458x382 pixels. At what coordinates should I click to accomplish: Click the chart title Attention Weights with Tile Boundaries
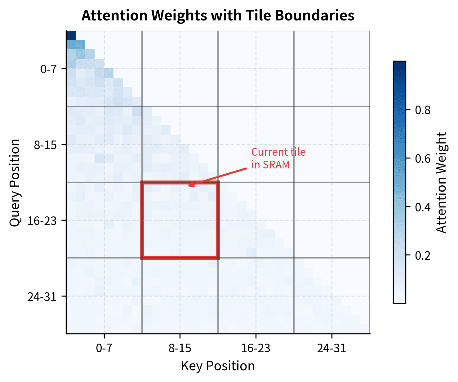click(x=218, y=15)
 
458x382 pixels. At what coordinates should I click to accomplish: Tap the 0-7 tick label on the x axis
click(x=104, y=349)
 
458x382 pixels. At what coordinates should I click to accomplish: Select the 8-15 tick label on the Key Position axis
click(x=180, y=349)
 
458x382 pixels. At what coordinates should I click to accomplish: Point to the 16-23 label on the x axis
click(x=256, y=349)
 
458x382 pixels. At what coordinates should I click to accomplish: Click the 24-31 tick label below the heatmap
click(x=331, y=349)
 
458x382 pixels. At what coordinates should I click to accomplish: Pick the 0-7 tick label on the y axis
click(x=49, y=69)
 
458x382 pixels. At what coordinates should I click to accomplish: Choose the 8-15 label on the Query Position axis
click(x=46, y=145)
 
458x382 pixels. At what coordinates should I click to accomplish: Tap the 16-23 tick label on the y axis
click(x=42, y=221)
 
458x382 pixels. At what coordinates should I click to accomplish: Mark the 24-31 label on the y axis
click(x=42, y=297)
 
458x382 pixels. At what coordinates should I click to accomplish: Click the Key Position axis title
click(x=218, y=366)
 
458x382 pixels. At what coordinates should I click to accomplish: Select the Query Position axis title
click(x=15, y=183)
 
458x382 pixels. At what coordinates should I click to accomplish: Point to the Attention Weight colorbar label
click(x=441, y=183)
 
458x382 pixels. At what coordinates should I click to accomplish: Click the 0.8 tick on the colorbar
click(x=423, y=110)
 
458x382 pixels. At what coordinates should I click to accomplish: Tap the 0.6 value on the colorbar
click(x=423, y=158)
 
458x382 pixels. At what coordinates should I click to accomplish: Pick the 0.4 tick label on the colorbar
click(x=423, y=207)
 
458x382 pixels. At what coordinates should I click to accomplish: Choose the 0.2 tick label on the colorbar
click(x=423, y=256)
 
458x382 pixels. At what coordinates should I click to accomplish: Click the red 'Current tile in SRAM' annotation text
click(x=278, y=158)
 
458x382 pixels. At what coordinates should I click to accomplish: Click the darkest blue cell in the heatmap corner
click(x=71, y=35)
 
